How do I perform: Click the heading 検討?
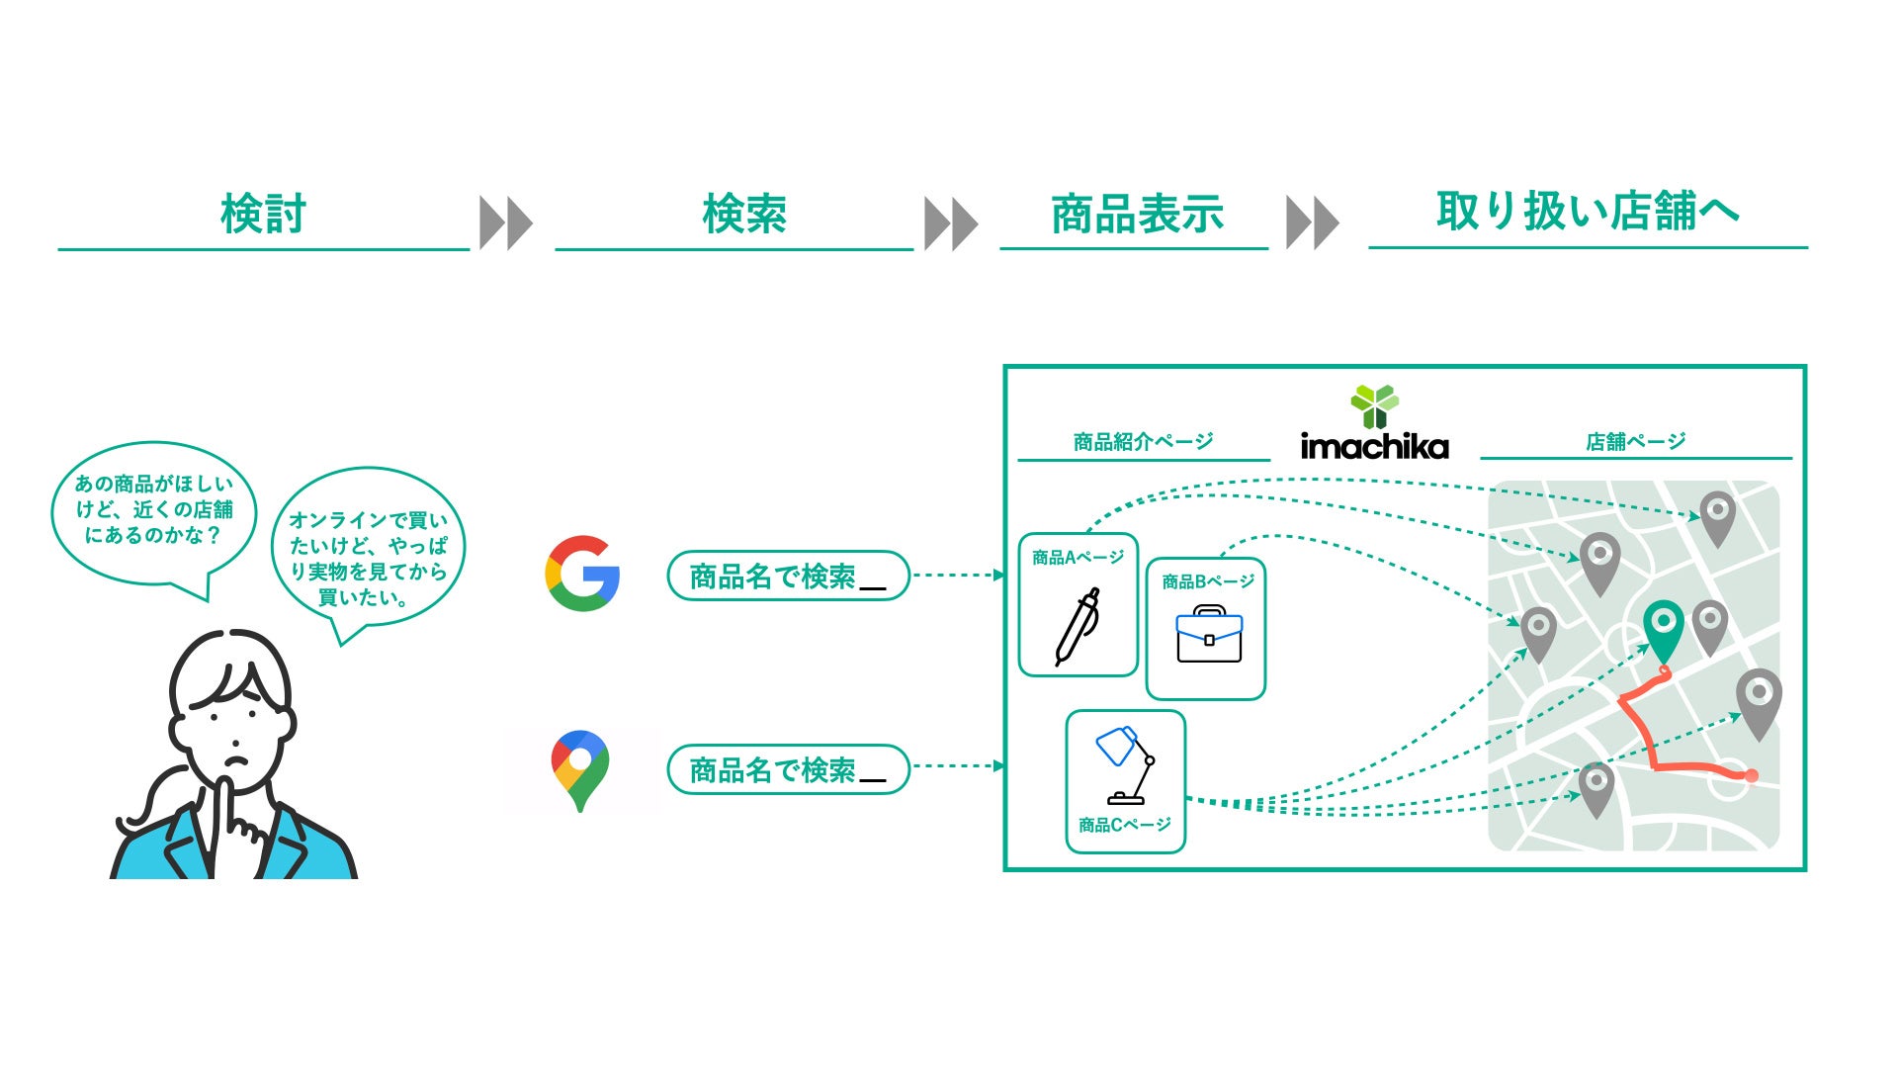click(263, 215)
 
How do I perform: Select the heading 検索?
click(744, 215)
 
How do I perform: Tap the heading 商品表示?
click(1137, 215)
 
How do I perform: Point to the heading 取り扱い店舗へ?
click(1587, 211)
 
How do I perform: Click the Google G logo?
click(582, 574)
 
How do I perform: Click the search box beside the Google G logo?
click(788, 576)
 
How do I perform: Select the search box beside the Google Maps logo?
click(788, 769)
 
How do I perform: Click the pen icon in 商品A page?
click(1077, 626)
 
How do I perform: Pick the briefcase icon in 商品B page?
click(1208, 635)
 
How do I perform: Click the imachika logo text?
click(1374, 446)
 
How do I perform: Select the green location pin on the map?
click(1663, 627)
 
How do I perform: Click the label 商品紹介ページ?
click(1143, 441)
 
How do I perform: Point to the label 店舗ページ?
click(1635, 441)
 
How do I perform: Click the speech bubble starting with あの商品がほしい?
click(154, 510)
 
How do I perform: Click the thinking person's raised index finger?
click(223, 801)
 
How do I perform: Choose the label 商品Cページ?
click(1125, 825)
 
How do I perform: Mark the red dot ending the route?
click(1751, 776)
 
